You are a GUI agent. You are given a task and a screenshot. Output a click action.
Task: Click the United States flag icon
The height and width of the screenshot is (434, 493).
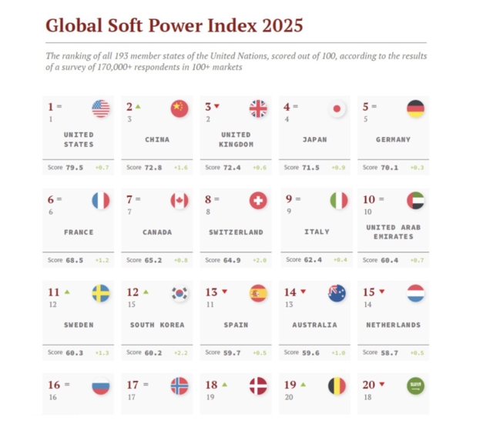(x=101, y=108)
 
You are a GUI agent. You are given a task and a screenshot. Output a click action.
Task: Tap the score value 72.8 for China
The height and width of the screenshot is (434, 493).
(x=154, y=167)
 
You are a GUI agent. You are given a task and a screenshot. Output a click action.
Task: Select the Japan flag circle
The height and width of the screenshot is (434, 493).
(x=337, y=108)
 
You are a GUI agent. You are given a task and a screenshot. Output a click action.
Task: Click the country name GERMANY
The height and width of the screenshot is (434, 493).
(x=393, y=140)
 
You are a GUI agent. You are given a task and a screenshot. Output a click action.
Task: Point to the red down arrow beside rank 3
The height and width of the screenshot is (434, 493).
(x=217, y=106)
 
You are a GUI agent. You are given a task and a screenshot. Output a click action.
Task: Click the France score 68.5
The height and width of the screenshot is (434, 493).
(x=75, y=260)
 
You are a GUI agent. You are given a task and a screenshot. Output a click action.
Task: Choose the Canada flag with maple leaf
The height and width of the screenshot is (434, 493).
(x=179, y=201)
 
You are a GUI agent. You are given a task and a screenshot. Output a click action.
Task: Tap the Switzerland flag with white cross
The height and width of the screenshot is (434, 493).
(x=258, y=201)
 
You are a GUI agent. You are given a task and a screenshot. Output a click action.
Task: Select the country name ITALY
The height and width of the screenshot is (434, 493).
(x=317, y=232)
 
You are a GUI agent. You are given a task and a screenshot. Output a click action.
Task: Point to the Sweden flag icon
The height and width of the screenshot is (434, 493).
(x=101, y=293)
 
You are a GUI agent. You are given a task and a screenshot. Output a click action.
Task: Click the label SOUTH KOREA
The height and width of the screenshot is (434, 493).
(x=157, y=325)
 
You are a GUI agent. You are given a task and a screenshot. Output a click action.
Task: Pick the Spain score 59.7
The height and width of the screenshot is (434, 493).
(x=233, y=352)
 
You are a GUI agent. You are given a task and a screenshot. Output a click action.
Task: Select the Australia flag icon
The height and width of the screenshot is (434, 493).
(x=337, y=293)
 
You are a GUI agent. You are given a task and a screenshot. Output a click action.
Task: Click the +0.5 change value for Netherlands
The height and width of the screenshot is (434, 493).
(x=417, y=352)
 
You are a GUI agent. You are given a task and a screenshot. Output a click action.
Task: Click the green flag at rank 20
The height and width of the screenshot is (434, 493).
(x=416, y=386)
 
